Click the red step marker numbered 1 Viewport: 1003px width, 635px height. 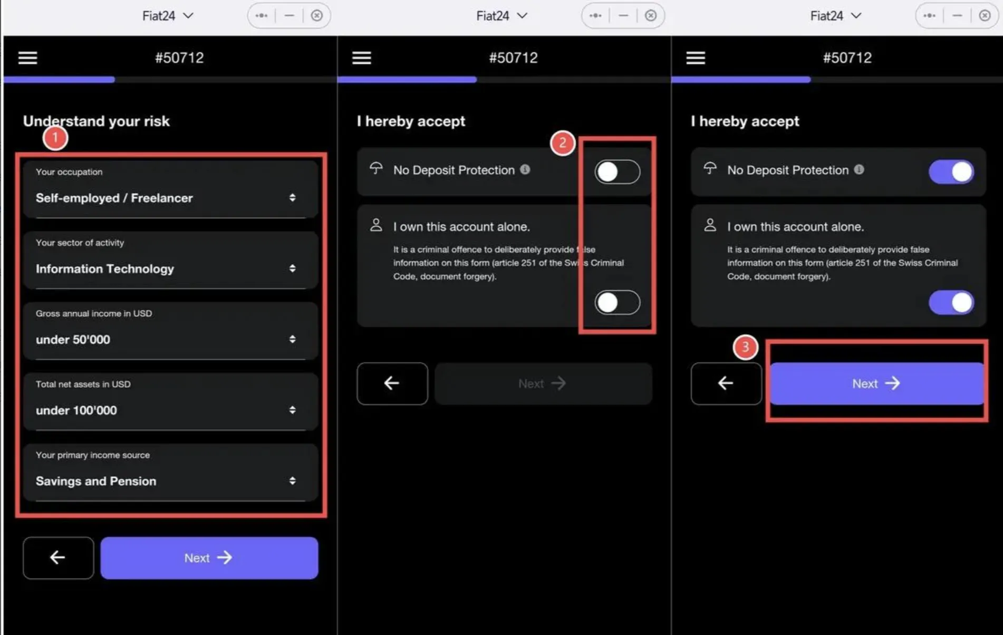(55, 138)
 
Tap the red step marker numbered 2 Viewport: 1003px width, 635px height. (562, 143)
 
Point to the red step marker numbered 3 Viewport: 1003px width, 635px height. (745, 347)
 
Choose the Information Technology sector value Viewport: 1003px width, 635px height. (105, 268)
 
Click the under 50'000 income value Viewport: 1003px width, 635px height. (73, 339)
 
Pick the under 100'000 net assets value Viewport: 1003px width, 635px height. (76, 410)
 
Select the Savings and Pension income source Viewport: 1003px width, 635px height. (96, 481)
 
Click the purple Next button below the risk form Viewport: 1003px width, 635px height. (209, 558)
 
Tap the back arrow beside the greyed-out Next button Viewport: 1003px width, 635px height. (392, 383)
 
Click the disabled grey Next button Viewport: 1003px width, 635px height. (543, 383)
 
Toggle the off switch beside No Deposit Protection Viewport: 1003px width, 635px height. (617, 171)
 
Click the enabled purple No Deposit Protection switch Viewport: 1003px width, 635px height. (951, 171)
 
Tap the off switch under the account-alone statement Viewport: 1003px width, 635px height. (617, 302)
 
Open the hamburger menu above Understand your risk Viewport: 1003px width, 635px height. (28, 57)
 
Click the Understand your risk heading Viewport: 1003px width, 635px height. (96, 121)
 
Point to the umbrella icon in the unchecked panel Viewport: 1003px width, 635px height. (376, 168)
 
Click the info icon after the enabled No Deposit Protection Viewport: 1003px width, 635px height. (859, 169)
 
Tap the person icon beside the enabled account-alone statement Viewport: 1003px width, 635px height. (710, 225)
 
